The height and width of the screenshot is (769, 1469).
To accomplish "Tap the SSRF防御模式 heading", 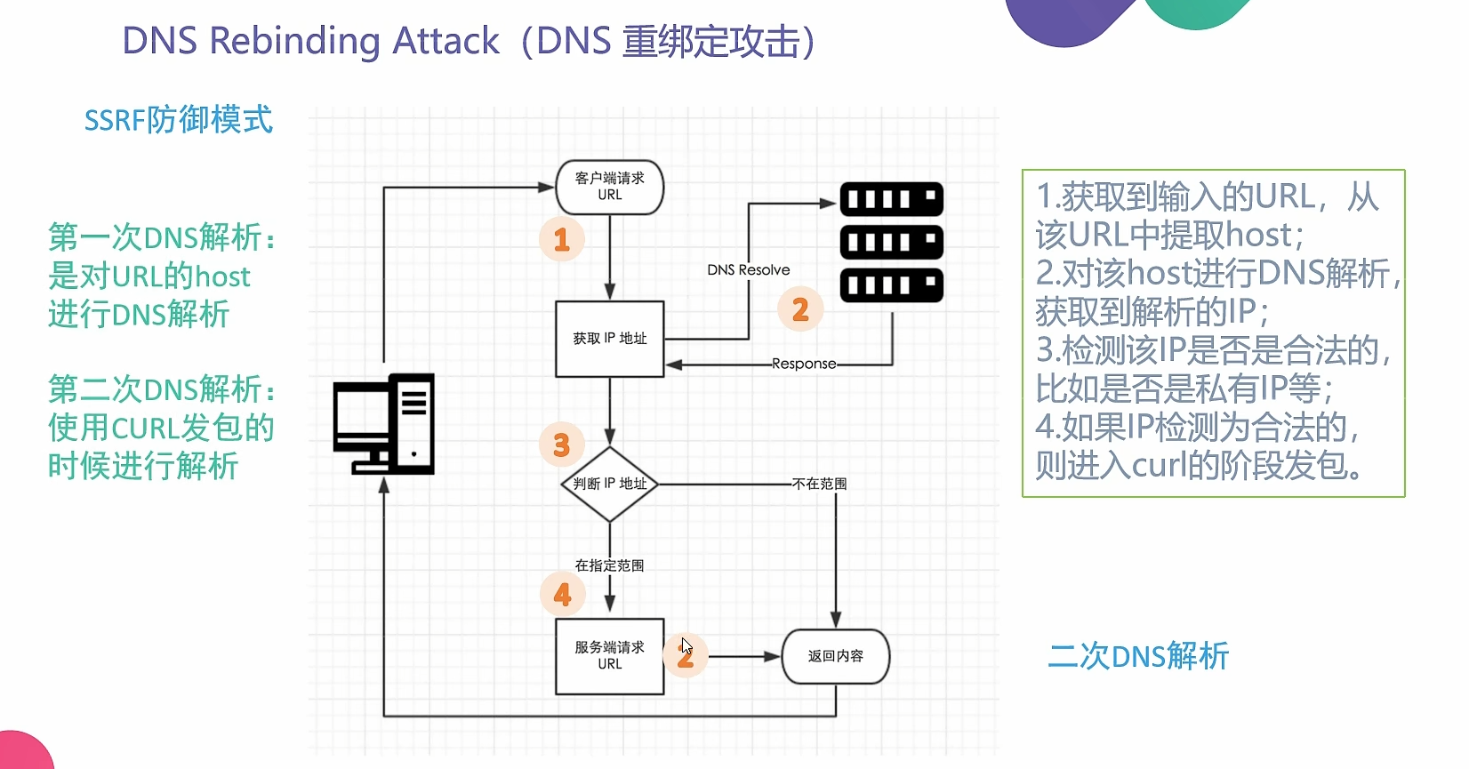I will click(178, 120).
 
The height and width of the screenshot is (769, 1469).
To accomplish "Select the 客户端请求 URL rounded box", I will click(610, 187).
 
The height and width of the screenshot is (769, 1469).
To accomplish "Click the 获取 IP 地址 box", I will click(610, 339).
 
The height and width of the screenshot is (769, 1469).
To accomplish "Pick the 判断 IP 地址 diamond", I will click(610, 484).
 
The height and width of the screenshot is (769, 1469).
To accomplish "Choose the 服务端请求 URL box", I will click(610, 656).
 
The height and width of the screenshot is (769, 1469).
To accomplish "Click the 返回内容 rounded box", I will click(835, 656).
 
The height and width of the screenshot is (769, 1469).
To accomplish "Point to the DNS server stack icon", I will click(891, 242).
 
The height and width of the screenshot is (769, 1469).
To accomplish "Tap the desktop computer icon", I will click(383, 423).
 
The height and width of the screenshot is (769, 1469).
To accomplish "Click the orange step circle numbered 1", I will click(562, 239).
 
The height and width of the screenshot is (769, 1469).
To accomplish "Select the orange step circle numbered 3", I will click(562, 445).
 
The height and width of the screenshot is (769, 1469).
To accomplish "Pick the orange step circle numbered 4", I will click(562, 594).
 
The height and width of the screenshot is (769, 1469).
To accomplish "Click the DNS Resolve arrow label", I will click(748, 270).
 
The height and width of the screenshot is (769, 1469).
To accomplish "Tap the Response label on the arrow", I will click(804, 364).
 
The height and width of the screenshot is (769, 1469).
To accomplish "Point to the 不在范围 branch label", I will click(819, 484).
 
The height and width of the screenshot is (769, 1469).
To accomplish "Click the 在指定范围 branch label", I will click(609, 565).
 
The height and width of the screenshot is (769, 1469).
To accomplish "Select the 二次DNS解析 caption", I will click(1138, 656).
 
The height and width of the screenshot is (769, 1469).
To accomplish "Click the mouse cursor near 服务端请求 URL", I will click(686, 646).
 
